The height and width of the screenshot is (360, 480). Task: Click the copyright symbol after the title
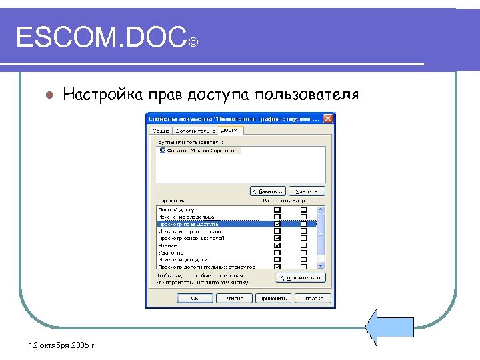(x=193, y=44)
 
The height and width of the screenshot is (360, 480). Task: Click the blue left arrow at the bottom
(x=390, y=327)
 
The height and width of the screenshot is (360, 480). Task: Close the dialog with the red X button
(x=327, y=119)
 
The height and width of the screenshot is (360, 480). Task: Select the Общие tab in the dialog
(x=161, y=131)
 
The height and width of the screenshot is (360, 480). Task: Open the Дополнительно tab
(x=195, y=131)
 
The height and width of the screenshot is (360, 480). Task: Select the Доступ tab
(x=229, y=130)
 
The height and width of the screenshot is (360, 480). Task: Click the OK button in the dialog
(x=194, y=298)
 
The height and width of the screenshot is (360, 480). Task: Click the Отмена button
(x=233, y=298)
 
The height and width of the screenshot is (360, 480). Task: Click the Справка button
(x=310, y=298)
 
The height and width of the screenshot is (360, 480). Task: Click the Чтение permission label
(x=167, y=245)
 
